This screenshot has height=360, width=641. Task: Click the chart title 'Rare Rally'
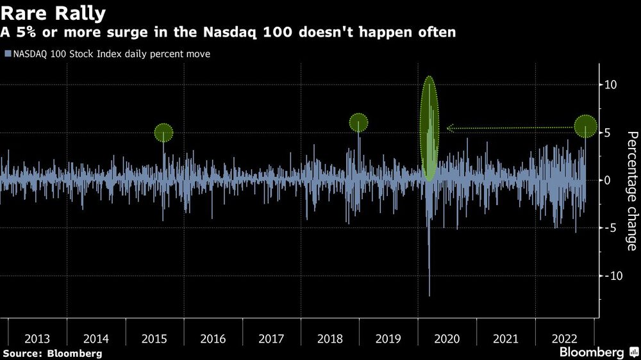pyautogui.click(x=54, y=12)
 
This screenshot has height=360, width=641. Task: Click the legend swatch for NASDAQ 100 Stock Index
pyautogui.click(x=6, y=54)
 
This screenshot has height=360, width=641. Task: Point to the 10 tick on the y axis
pyautogui.click(x=611, y=85)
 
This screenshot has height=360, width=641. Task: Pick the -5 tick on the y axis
pyautogui.click(x=611, y=227)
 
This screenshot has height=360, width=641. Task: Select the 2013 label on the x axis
pyautogui.click(x=38, y=338)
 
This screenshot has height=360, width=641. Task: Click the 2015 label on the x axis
pyautogui.click(x=154, y=338)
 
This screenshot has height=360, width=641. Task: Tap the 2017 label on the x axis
pyautogui.click(x=272, y=338)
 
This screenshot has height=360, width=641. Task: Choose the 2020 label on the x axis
pyautogui.click(x=447, y=338)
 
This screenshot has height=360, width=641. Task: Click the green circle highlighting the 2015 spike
pyautogui.click(x=163, y=133)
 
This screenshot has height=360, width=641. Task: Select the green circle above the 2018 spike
pyautogui.click(x=358, y=122)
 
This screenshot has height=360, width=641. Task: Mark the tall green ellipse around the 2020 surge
pyautogui.click(x=429, y=128)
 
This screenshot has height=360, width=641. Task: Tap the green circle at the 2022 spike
pyautogui.click(x=585, y=126)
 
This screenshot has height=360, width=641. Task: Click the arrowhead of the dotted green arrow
pyautogui.click(x=449, y=128)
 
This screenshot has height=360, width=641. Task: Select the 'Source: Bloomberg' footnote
pyautogui.click(x=52, y=353)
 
